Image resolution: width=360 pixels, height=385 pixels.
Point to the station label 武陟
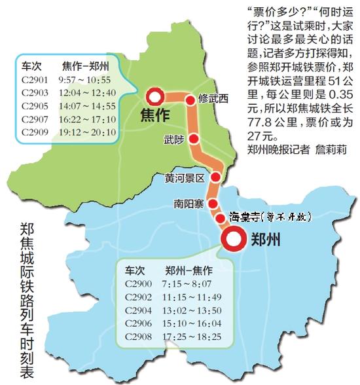pos(175,139)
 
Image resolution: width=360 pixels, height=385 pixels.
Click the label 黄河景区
pos(186,177)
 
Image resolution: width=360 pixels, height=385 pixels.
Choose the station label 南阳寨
pos(189,203)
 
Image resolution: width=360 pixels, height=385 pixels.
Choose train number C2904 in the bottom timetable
pos(139,310)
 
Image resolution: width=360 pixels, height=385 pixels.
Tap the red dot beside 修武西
pos(190,100)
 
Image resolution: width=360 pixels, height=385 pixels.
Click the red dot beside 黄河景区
pos(217,177)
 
